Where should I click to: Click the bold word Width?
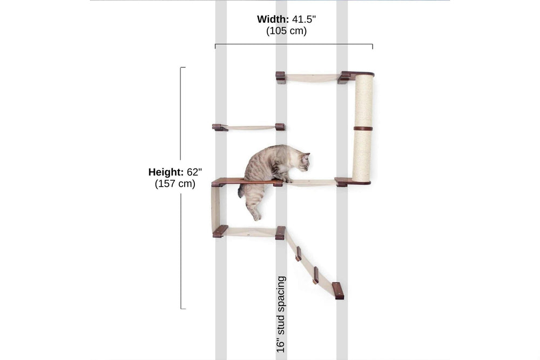[x=273, y=19]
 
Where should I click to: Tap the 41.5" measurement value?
[x=304, y=19]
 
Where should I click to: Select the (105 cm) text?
[x=286, y=31]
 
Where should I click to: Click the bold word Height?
[x=166, y=172]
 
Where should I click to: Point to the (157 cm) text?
[x=175, y=184]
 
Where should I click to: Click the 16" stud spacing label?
[x=281, y=314]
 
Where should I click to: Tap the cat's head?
[x=302, y=162]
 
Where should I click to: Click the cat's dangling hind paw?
[x=256, y=216]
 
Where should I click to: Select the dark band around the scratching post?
[x=363, y=128]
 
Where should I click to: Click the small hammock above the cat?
[x=251, y=128]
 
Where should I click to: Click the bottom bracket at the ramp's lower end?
[x=338, y=290]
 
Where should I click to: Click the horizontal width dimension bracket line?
[x=294, y=44]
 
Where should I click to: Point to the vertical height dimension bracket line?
[x=181, y=188]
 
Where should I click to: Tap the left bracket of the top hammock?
[x=281, y=77]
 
